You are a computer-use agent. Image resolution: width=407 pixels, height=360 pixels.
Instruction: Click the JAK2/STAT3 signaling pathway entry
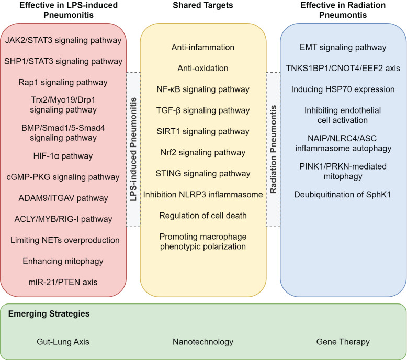pyautogui.click(x=63, y=40)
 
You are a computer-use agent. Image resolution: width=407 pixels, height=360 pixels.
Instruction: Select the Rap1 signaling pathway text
pyautogui.click(x=63, y=82)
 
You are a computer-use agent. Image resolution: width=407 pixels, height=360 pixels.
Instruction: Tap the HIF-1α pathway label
pyautogui.click(x=63, y=156)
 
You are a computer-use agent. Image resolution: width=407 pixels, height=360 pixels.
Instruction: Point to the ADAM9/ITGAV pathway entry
pyautogui.click(x=63, y=198)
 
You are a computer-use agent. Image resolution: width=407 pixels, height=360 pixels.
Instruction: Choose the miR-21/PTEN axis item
pyautogui.click(x=63, y=282)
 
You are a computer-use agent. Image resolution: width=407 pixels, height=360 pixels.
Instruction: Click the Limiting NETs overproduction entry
pyautogui.click(x=65, y=240)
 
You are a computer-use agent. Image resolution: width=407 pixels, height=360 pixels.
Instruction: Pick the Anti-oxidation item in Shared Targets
pyautogui.click(x=203, y=68)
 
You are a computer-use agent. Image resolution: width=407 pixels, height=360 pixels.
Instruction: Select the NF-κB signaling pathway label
pyautogui.click(x=203, y=89)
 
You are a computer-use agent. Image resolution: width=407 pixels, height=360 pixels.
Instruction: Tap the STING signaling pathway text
pyautogui.click(x=203, y=173)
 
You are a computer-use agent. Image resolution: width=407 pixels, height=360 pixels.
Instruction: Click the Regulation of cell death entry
pyautogui.click(x=203, y=216)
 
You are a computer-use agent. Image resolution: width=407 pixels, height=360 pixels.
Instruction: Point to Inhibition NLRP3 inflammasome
pyautogui.click(x=203, y=195)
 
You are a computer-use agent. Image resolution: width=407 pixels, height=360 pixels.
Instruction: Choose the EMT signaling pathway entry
pyautogui.click(x=343, y=48)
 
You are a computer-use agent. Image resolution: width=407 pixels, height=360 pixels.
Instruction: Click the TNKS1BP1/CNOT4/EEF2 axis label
pyautogui.click(x=343, y=68)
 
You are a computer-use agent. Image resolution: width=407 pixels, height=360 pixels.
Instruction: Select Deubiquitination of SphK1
pyautogui.click(x=342, y=195)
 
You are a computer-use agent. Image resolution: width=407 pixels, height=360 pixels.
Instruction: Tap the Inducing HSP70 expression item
pyautogui.click(x=343, y=89)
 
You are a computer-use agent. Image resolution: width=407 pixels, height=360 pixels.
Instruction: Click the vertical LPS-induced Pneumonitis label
pyautogui.click(x=133, y=150)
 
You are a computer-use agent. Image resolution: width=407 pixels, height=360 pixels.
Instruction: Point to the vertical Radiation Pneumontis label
pyautogui.click(x=273, y=150)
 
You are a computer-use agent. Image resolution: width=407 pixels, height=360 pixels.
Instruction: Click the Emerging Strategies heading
pyautogui.click(x=49, y=314)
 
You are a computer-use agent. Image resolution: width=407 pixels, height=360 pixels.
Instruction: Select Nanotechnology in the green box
pyautogui.click(x=203, y=342)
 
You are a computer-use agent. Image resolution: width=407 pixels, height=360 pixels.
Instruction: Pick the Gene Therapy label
pyautogui.click(x=343, y=342)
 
